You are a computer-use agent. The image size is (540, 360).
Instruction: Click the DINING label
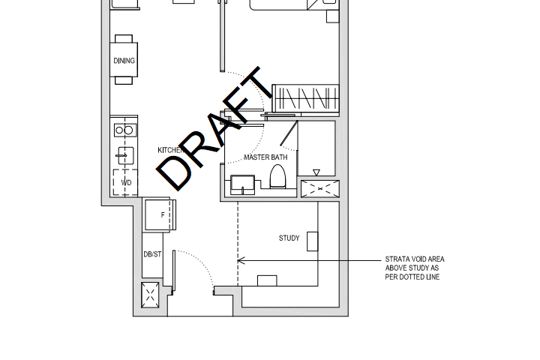124,61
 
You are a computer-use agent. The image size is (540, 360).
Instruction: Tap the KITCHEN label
170,150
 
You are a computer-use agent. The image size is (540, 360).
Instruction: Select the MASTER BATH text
265,157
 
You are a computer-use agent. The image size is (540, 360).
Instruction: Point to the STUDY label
289,238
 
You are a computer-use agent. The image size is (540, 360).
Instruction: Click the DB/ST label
152,254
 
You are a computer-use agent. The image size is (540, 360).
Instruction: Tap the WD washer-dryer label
126,182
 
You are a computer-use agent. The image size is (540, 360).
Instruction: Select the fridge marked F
160,215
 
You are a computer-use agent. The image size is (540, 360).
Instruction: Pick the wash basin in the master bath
242,184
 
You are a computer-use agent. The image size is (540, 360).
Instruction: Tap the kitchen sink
124,156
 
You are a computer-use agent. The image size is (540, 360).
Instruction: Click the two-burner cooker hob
124,130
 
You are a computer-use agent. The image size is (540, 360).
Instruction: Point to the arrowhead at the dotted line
241,260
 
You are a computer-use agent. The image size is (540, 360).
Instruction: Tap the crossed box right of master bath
319,189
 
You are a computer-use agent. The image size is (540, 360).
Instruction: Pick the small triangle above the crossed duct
316,173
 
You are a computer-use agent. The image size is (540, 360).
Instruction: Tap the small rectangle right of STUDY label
312,241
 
